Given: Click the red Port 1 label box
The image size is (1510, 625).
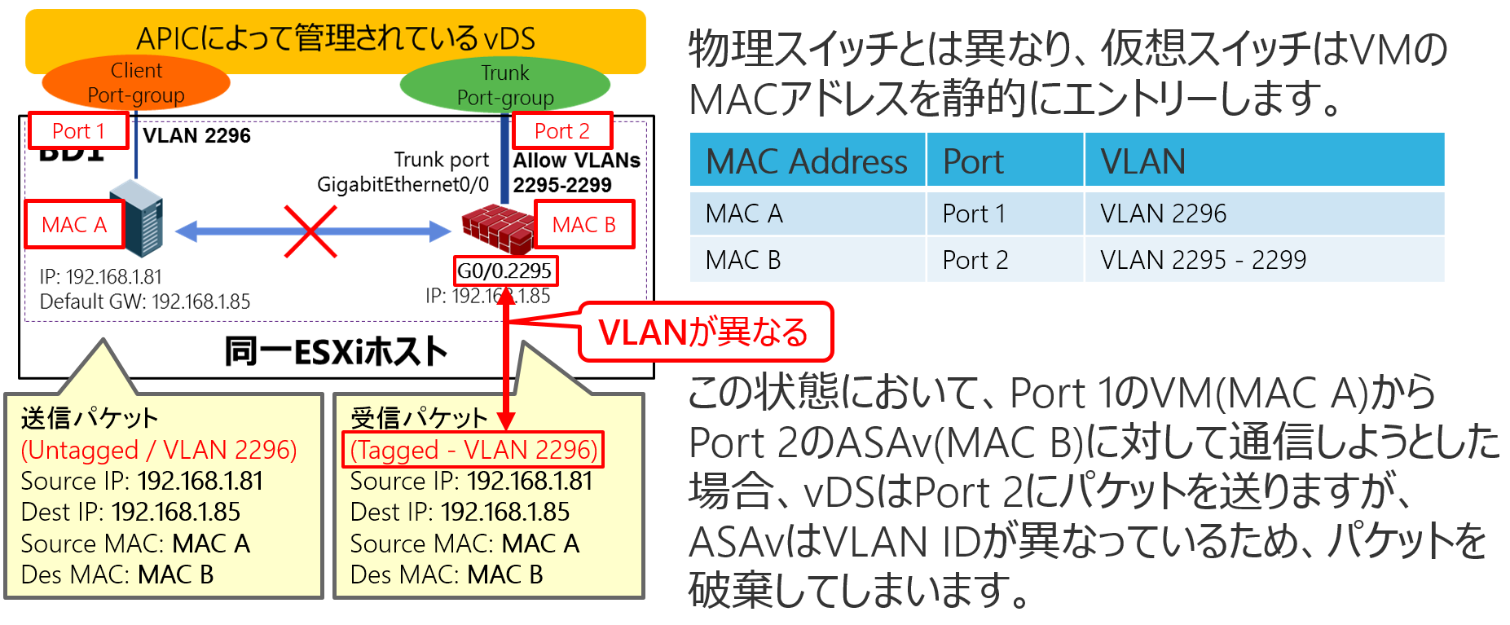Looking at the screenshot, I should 78,130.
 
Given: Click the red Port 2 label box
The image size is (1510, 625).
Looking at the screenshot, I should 561,130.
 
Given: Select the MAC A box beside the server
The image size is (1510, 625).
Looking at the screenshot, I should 73,224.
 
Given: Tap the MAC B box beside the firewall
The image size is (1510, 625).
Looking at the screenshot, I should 583,224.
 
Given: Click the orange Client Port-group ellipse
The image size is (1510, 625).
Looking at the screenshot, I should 135,83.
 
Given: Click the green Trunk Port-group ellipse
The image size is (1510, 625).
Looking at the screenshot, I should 505,85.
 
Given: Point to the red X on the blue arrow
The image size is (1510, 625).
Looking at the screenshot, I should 310,231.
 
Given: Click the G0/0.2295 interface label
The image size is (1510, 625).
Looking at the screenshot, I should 504,271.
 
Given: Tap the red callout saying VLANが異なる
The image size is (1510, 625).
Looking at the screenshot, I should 704,332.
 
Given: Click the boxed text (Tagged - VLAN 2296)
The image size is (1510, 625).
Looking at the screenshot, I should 473,450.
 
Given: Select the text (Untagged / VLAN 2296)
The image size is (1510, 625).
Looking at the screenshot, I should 159,450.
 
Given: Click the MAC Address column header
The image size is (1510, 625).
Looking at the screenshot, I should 807,161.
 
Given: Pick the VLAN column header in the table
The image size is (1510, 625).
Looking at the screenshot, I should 1142,161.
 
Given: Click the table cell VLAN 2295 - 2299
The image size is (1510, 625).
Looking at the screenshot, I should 1203,260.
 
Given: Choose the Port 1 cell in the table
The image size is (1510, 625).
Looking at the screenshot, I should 974,213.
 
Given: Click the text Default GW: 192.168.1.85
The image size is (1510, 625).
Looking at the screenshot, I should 145,301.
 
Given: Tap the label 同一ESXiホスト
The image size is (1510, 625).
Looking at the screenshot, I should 336,351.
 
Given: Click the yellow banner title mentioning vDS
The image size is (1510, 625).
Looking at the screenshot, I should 335,37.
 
